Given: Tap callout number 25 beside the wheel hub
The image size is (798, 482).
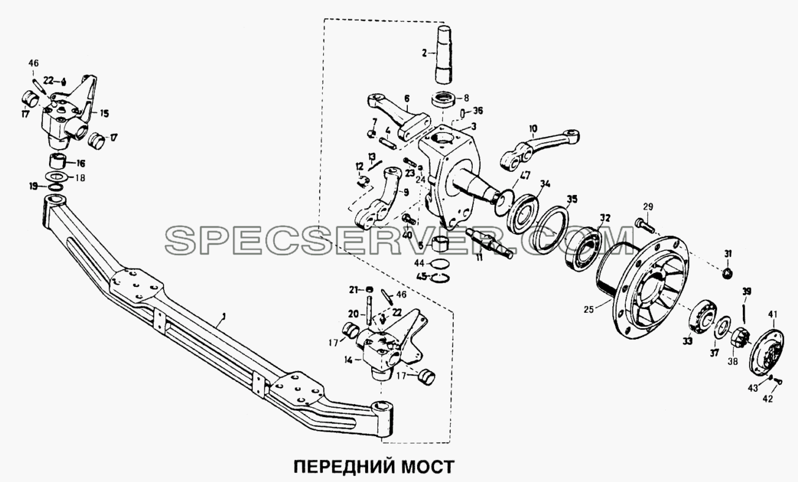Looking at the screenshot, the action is (589, 309).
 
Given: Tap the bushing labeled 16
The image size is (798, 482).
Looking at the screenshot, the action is (58, 163).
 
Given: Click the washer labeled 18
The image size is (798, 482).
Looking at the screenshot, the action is (56, 177).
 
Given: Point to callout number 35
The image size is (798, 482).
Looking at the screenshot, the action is (572, 199).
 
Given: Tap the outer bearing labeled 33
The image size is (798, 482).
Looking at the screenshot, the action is (699, 315).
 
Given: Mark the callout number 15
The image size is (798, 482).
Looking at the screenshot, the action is (104, 114).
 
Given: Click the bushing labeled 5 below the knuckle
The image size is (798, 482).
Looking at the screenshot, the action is (440, 243).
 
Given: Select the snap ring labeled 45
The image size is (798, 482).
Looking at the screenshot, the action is (440, 277).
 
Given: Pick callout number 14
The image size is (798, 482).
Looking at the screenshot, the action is (348, 361).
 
